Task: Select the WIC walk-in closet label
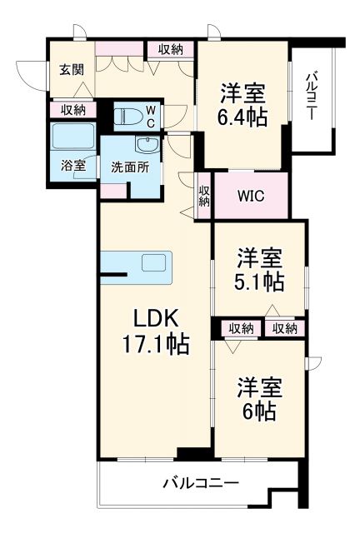tap(251, 197)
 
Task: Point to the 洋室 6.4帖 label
tap(244, 103)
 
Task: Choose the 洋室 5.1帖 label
tap(259, 269)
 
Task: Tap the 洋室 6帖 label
tap(259, 400)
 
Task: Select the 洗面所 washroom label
tap(130, 166)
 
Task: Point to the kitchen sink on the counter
tap(154, 263)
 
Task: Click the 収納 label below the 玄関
tap(72, 108)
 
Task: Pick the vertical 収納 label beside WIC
tap(204, 197)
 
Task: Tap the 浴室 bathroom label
tap(73, 165)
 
